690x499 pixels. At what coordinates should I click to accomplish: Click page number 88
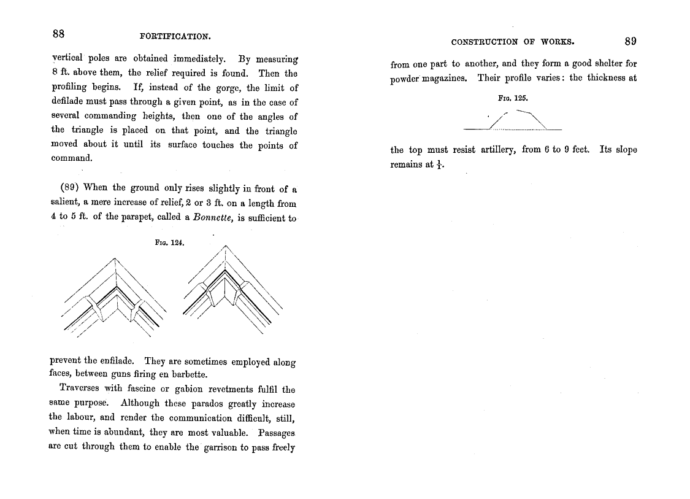tap(59, 33)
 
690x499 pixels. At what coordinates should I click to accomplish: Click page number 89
tap(631, 41)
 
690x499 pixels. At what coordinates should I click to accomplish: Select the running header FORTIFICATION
tap(175, 36)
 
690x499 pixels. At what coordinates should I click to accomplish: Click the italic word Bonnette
tap(212, 218)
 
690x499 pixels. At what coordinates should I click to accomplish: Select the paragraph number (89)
tap(70, 188)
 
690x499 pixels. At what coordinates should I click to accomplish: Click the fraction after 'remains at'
tap(439, 164)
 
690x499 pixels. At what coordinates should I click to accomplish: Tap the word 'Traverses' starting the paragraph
tap(79, 389)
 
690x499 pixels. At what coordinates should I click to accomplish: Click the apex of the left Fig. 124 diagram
tap(115, 260)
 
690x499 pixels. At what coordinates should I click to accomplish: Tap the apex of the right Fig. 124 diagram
tap(226, 246)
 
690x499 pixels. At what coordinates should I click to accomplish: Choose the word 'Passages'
tap(277, 433)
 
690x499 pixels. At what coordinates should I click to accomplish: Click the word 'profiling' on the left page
tap(69, 88)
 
